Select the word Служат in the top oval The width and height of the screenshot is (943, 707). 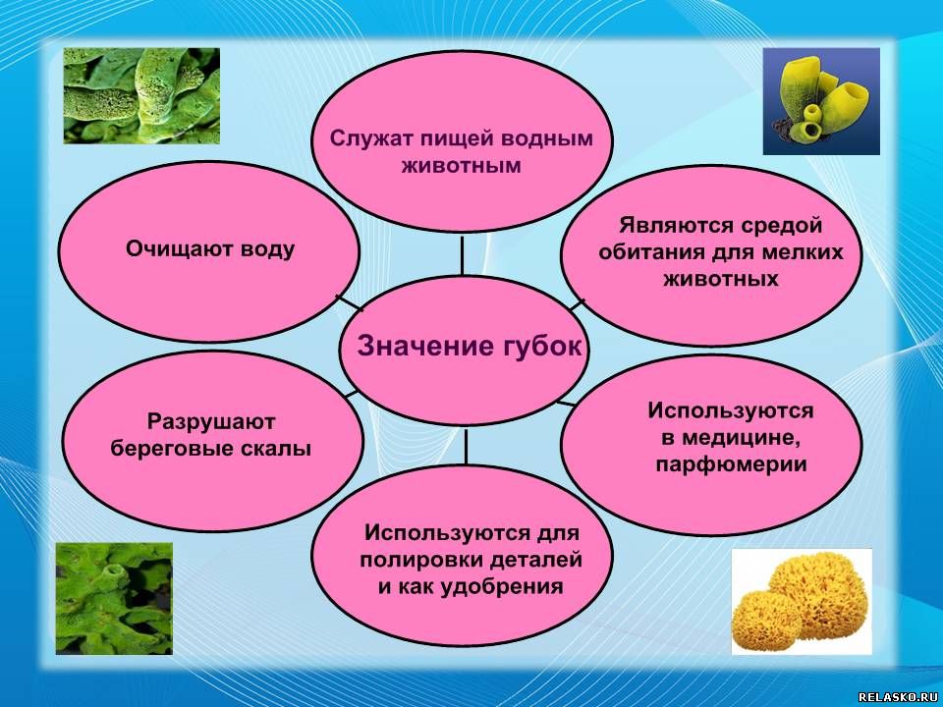(362, 138)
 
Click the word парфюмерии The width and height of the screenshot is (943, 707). (731, 465)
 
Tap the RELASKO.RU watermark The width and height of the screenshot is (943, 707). (899, 697)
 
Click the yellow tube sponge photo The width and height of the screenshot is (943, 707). (821, 101)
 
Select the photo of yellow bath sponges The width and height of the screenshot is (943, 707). (802, 601)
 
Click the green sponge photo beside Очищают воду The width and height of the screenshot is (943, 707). (141, 95)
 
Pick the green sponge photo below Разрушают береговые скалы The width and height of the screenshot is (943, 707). (114, 599)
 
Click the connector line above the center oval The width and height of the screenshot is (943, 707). (462, 256)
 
